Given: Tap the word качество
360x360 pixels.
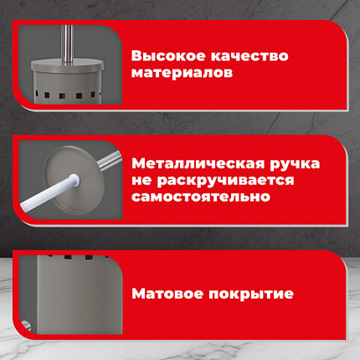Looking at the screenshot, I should click(x=248, y=56).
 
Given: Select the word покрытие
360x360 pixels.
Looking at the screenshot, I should click(x=249, y=295).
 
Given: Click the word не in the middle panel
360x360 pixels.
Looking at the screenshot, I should click(x=142, y=180).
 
